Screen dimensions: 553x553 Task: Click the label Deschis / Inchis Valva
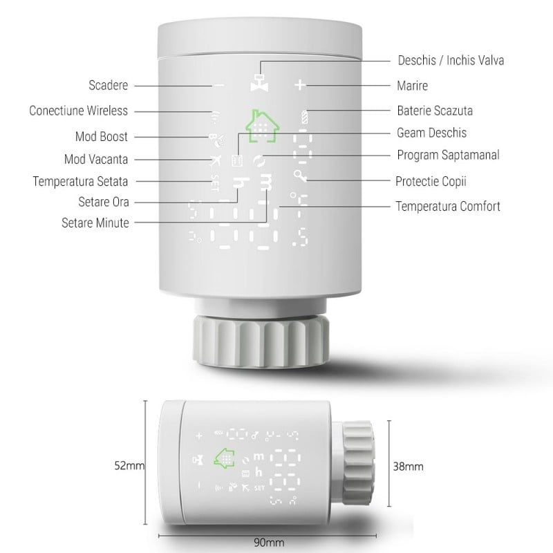tap(451, 60)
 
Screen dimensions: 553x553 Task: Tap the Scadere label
tap(109, 85)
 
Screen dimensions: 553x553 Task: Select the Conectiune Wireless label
tap(78, 111)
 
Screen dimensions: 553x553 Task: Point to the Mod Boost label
tap(101, 136)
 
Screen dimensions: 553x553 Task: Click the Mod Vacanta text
tap(96, 159)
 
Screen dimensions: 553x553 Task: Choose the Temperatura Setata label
tap(80, 181)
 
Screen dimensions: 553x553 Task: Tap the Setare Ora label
tap(103, 202)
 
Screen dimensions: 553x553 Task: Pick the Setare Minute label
tap(95, 223)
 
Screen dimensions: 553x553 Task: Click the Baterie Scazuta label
tap(435, 111)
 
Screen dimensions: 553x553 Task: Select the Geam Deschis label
tap(431, 133)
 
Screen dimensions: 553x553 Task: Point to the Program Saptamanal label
tap(448, 155)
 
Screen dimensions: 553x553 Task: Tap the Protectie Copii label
tap(431, 181)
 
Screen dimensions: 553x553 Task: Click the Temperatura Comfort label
tap(448, 206)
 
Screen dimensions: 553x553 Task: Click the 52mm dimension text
tap(129, 465)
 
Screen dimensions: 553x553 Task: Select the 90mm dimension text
tap(269, 543)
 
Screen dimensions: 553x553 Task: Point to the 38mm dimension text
tap(408, 467)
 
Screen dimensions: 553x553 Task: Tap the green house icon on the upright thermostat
tap(263, 126)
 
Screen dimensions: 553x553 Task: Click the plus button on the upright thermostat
tap(300, 84)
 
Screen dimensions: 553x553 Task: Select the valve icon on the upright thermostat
tap(259, 83)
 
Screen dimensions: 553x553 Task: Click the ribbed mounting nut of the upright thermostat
tap(261, 341)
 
